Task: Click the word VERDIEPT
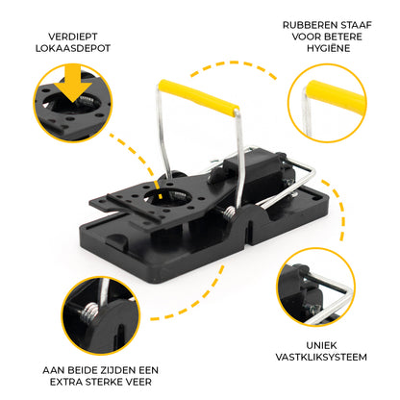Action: click(x=73, y=37)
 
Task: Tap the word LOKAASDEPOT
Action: click(x=73, y=48)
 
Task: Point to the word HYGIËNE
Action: click(x=328, y=48)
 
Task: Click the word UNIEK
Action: click(x=321, y=345)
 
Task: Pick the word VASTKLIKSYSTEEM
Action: click(x=321, y=357)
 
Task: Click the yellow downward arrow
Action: click(x=73, y=83)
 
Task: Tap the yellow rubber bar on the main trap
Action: click(x=199, y=96)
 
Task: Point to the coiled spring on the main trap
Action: click(x=229, y=212)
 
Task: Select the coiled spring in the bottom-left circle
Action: click(x=89, y=312)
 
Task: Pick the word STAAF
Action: click(x=356, y=25)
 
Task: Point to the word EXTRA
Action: click(x=64, y=382)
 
